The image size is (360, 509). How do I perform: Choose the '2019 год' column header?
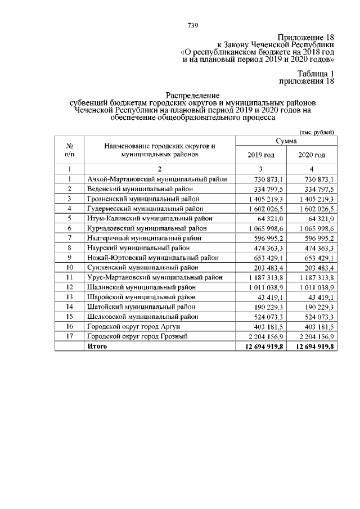(x=261, y=155)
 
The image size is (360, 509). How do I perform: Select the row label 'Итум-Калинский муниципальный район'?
(x=150, y=219)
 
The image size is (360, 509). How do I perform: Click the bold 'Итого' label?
(x=97, y=346)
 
